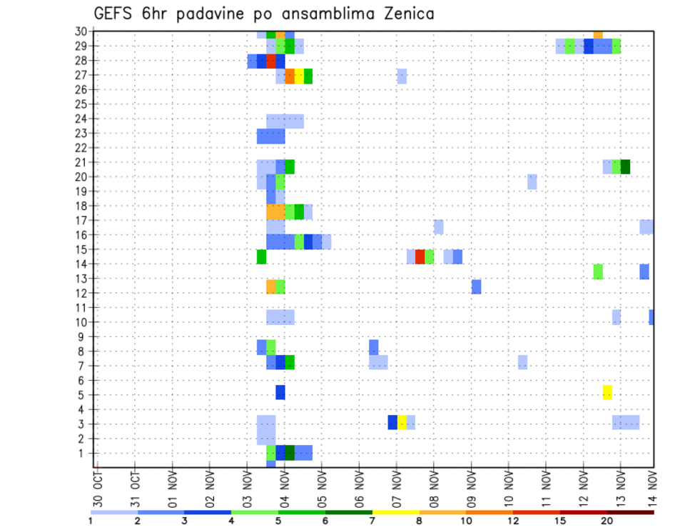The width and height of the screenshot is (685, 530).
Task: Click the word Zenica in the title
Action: [x=400, y=14]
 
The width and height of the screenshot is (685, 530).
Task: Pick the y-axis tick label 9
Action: [x=83, y=336]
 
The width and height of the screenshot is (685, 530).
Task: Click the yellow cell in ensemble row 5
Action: [x=607, y=392]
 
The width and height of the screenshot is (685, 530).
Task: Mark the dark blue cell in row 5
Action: [x=280, y=392]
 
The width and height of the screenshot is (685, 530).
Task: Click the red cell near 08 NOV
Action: [x=420, y=256]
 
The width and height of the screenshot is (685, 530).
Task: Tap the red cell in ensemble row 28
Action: [x=271, y=61]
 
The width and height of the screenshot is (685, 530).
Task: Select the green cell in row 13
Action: [x=598, y=271]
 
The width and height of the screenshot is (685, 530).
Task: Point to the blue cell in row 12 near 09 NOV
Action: [x=476, y=286]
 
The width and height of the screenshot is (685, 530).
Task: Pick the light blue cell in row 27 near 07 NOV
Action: [x=402, y=76]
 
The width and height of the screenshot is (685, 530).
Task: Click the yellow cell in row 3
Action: [x=402, y=422]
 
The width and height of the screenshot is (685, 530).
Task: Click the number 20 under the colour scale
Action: [x=607, y=520]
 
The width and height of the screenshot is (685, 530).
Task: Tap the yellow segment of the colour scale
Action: [x=395, y=512]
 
